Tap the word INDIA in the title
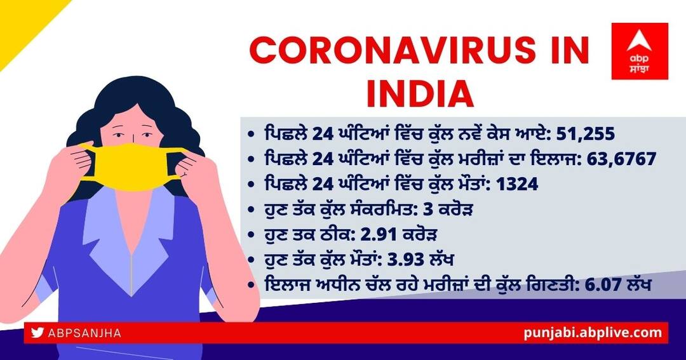tap(420, 93)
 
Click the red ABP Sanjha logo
tap(640, 51)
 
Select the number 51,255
tap(586, 134)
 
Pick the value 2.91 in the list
tap(379, 234)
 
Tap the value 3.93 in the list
tap(406, 260)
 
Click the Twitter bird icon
tap(37, 333)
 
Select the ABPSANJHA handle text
tap(84, 333)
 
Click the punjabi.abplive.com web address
tap(593, 333)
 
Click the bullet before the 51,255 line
tap(251, 135)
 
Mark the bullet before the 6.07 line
tap(251, 286)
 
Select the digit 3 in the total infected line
tap(428, 210)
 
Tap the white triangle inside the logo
tap(639, 41)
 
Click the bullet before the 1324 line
tap(251, 185)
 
